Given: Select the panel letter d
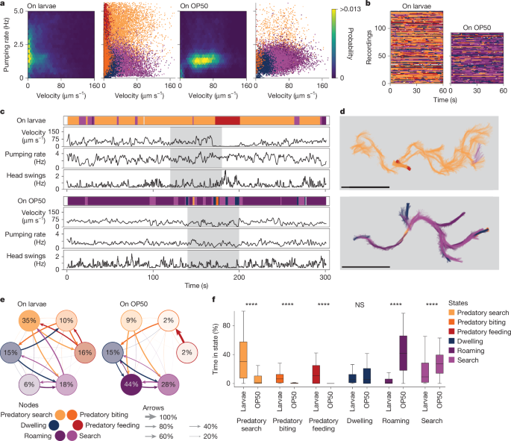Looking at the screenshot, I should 342,113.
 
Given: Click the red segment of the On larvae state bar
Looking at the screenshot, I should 227,120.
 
